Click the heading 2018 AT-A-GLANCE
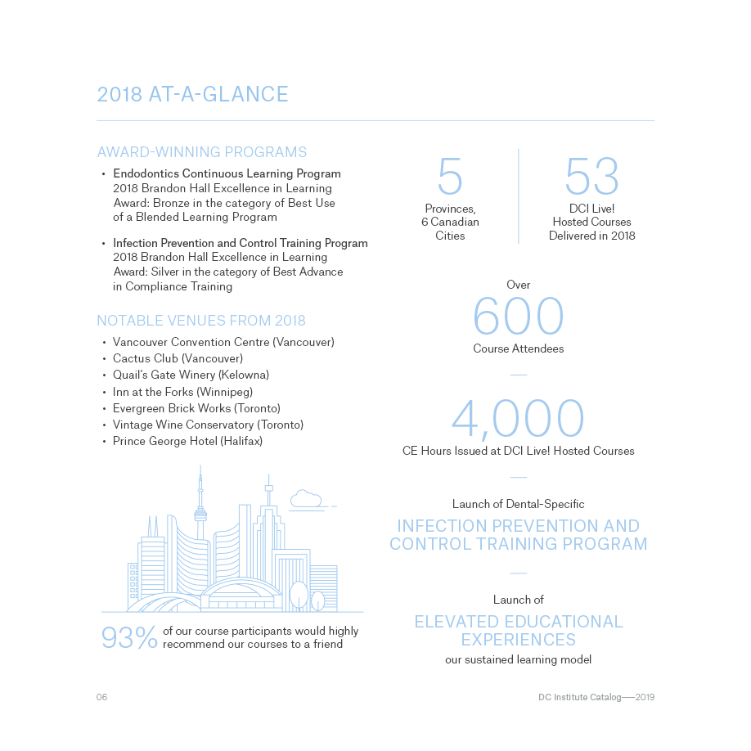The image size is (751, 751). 192,95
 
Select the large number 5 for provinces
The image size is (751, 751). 450,176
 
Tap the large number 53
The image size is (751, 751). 591,176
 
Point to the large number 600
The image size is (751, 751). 518,317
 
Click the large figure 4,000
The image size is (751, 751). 518,418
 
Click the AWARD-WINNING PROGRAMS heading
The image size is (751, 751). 201,152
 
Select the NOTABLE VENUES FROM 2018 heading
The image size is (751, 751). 200,321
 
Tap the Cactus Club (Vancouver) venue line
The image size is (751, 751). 178,358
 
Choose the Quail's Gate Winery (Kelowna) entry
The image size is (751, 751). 191,375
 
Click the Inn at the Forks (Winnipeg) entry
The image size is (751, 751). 182,392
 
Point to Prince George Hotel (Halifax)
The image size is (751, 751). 187,441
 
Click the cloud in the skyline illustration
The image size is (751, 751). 305,498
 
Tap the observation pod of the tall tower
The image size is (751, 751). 200,515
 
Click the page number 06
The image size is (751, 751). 102,698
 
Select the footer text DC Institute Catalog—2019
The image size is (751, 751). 596,698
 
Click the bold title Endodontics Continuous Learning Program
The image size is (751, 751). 227,174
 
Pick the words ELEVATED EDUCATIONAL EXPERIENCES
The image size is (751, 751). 518,631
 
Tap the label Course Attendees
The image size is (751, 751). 518,349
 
